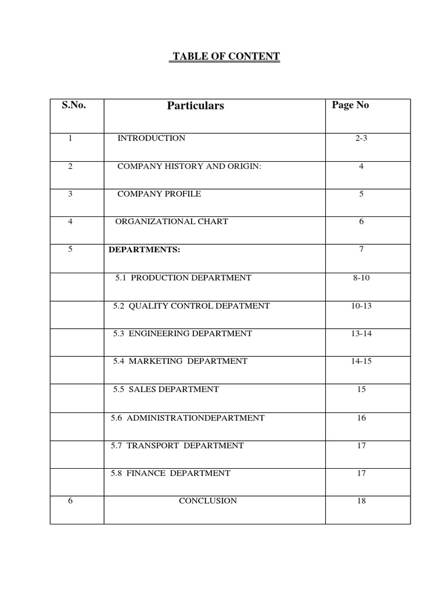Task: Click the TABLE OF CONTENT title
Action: tap(225, 56)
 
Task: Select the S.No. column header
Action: tap(74, 105)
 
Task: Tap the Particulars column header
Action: tap(195, 106)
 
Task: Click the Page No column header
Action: tap(350, 105)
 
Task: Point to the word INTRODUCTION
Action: tap(152, 138)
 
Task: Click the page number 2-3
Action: tap(362, 138)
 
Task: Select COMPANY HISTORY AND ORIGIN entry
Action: tap(189, 166)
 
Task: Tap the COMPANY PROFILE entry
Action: tap(159, 194)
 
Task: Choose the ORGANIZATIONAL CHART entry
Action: tap(171, 222)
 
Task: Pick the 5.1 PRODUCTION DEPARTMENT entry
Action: tap(183, 278)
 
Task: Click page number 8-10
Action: tap(361, 278)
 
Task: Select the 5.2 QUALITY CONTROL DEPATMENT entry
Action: tap(192, 306)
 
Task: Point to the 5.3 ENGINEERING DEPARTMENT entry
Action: tap(183, 334)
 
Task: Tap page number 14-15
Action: tap(361, 361)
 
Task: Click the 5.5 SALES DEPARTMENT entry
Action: tap(166, 389)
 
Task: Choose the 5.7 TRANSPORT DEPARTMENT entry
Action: tap(177, 445)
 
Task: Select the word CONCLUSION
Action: tap(208, 501)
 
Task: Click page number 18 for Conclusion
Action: tap(362, 501)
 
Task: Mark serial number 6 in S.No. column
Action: tap(70, 501)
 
